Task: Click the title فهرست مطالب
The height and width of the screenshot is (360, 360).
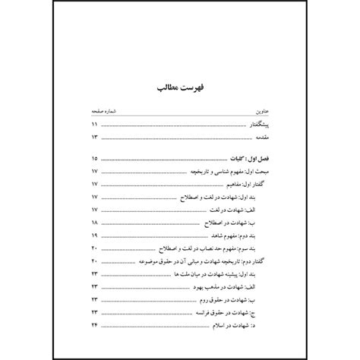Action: [x=180, y=90]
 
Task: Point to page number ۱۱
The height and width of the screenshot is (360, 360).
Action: [x=94, y=124]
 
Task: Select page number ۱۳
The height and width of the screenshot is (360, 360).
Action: [x=94, y=137]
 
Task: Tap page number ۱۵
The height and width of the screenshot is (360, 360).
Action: [x=94, y=159]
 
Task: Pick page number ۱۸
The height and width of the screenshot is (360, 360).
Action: [x=94, y=223]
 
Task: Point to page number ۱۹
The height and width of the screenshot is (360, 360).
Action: [x=94, y=236]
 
